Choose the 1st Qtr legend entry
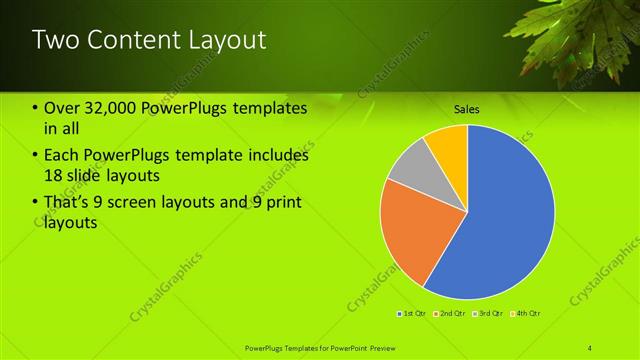pos(413,314)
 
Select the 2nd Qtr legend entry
pos(452,314)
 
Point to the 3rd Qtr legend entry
pos(490,314)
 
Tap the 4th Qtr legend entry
pos(528,314)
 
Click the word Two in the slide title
pos(54,40)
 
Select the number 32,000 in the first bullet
pos(105,107)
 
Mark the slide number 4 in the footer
pos(590,347)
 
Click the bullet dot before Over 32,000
pos(36,108)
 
